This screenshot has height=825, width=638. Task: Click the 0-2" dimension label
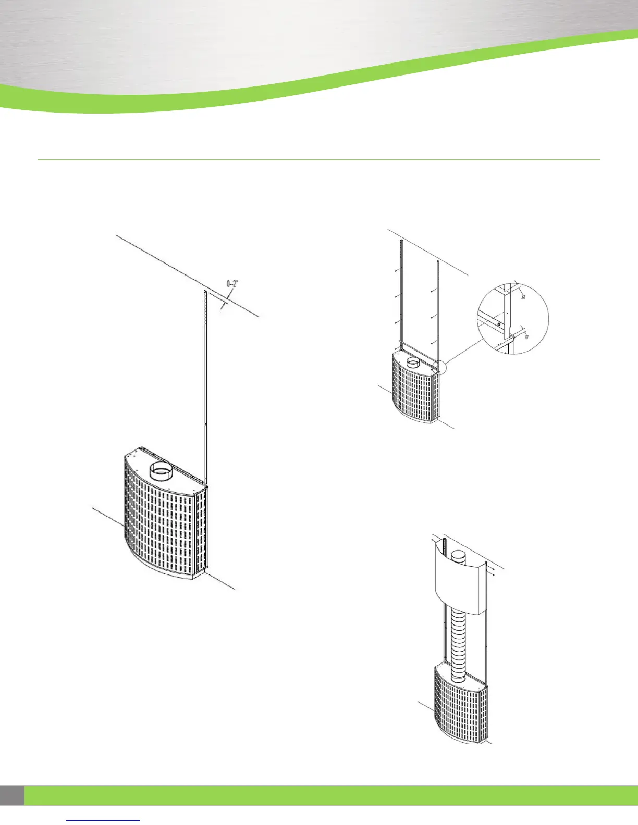232,284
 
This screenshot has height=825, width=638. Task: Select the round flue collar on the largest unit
164,472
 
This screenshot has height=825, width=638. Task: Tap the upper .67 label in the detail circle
523,296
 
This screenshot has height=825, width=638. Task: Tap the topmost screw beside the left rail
396,271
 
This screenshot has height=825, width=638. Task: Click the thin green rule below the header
319,159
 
